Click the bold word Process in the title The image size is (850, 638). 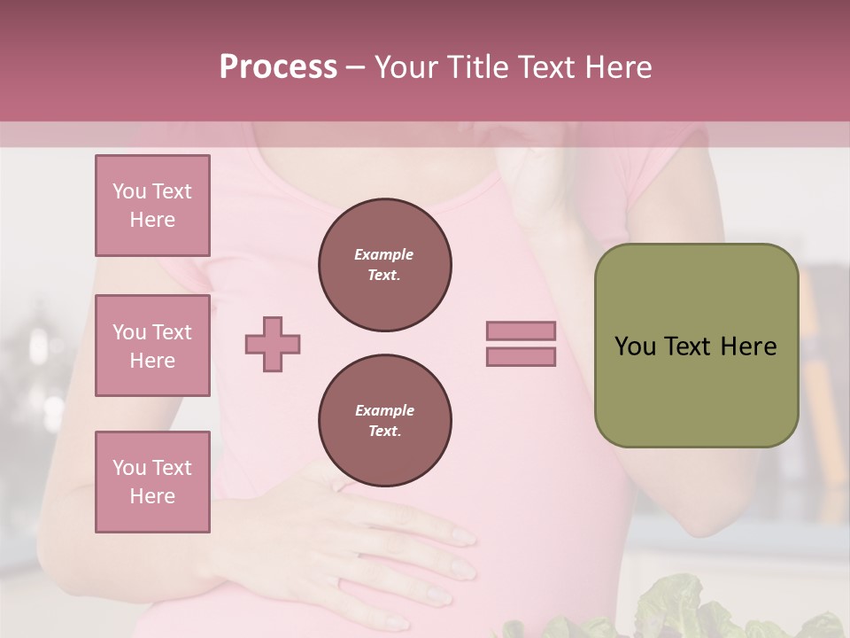click(278, 66)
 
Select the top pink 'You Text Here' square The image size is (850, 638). click(152, 206)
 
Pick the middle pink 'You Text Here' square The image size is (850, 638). click(152, 346)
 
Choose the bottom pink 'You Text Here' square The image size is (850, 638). click(152, 482)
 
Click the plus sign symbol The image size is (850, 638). click(273, 344)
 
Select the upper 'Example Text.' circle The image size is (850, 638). click(384, 265)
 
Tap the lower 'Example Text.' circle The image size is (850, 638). click(384, 421)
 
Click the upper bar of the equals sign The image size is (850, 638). click(521, 331)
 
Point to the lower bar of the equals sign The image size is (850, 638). click(521, 357)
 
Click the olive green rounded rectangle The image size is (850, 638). click(696, 390)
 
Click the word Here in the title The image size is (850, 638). click(619, 67)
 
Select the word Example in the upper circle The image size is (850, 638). click(384, 254)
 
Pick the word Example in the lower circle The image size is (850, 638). click(384, 410)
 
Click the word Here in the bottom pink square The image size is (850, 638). click(152, 496)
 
